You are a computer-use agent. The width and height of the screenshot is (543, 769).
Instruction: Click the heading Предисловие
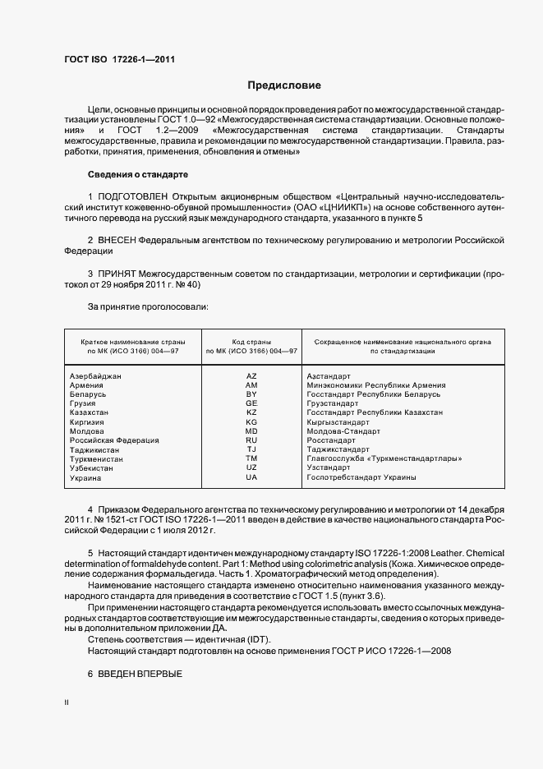pos(284,85)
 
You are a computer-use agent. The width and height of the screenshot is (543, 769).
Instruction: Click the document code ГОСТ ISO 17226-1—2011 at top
pos(119,59)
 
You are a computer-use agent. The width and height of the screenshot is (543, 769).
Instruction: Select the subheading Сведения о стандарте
pos(138,175)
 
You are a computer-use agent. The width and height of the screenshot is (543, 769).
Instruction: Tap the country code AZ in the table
pos(251,375)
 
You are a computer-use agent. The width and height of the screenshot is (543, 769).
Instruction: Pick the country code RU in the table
pos(251,440)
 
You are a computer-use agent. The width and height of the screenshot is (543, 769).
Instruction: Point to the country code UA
pos(251,477)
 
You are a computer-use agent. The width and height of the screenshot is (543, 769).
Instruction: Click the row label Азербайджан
pos(96,375)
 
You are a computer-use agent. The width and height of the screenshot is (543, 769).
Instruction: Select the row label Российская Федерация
pos(114,440)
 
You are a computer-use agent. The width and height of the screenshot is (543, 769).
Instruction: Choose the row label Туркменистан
pos(97,459)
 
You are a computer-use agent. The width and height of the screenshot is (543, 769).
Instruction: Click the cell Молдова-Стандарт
pos(343,431)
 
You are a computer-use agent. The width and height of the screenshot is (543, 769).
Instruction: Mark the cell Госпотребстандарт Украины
pos(361,477)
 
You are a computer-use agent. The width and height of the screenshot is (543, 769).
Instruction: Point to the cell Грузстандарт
pos(333,403)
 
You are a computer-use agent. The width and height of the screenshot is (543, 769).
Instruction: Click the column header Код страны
pos(251,340)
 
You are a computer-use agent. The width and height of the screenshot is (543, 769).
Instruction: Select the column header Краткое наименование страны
pos(132,340)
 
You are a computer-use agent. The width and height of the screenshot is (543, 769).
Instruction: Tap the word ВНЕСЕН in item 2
pos(117,239)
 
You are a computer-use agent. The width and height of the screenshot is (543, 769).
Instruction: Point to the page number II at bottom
pos(67,704)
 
